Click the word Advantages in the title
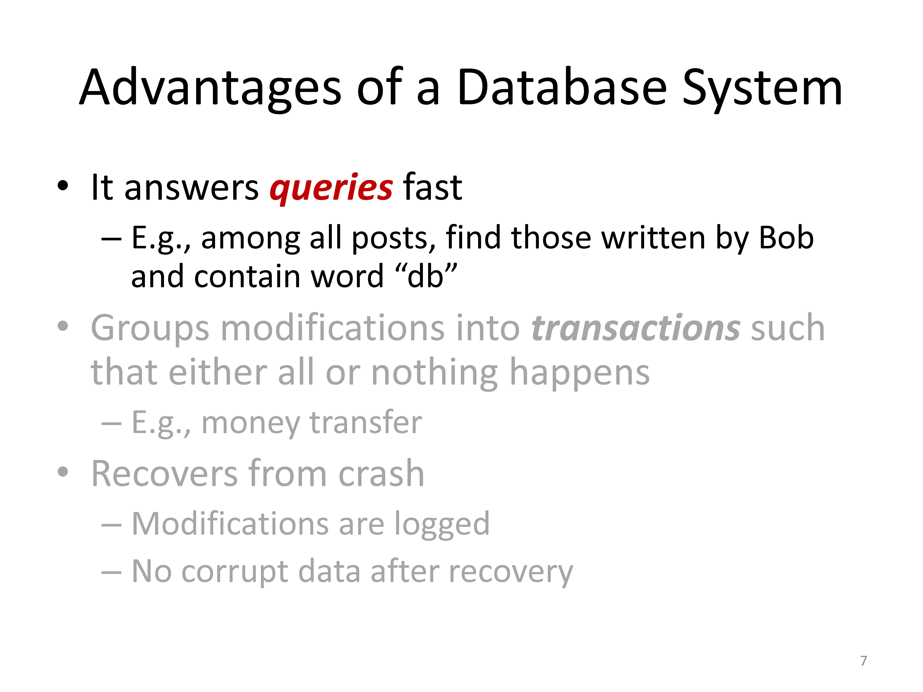click(x=211, y=88)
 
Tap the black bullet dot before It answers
click(x=63, y=186)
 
